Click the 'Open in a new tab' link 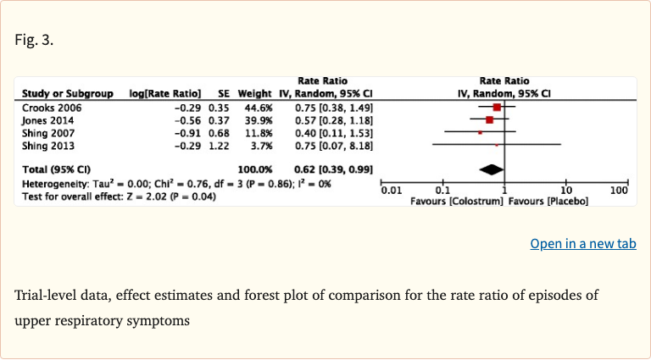582,244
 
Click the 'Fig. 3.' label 34,40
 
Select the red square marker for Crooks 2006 497,108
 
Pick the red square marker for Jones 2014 490,120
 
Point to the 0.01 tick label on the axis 391,191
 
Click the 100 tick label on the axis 620,191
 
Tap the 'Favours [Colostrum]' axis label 455,202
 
